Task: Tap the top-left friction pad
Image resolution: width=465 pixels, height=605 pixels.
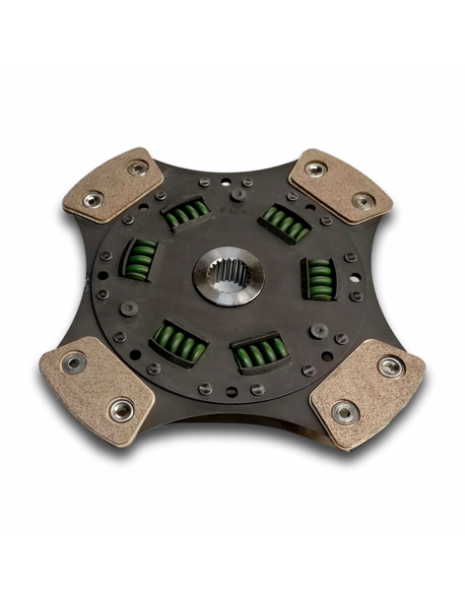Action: click(113, 184)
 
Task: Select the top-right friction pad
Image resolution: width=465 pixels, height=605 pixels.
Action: click(340, 185)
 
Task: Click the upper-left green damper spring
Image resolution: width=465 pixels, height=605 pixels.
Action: click(185, 213)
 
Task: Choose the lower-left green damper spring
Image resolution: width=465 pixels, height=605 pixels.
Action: click(179, 344)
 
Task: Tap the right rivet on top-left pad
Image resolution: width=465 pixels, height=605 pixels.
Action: click(137, 168)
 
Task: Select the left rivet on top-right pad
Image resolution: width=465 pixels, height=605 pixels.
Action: click(315, 169)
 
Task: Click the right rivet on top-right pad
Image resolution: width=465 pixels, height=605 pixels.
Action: click(363, 201)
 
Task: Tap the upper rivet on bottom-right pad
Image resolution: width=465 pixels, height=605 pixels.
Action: click(390, 367)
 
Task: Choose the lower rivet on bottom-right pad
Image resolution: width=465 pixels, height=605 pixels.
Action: click(343, 412)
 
